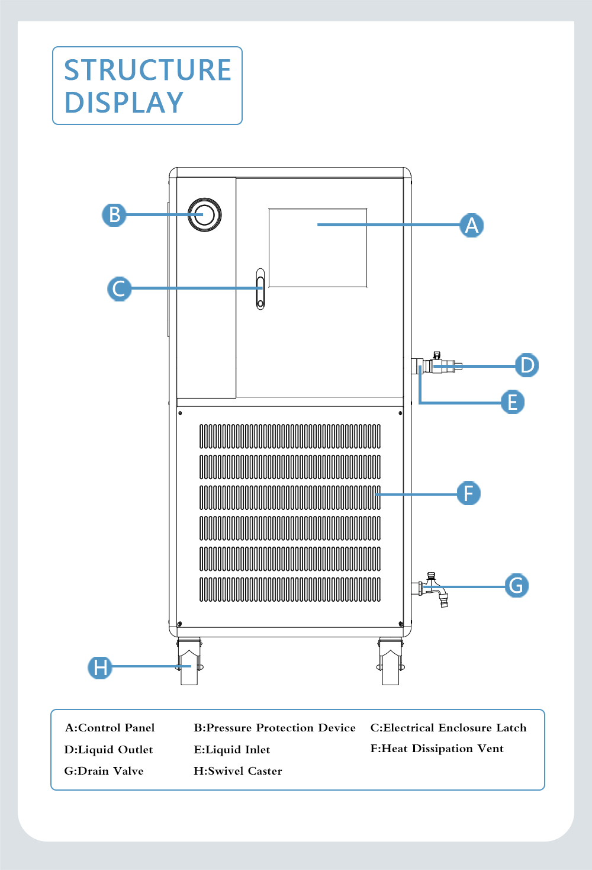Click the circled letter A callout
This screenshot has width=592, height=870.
click(471, 225)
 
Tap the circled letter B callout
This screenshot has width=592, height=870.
click(114, 214)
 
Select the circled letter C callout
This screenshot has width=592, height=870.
click(119, 288)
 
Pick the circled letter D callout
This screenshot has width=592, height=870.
click(526, 365)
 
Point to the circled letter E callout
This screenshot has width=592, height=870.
click(512, 402)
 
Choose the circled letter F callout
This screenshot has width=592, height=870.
click(468, 493)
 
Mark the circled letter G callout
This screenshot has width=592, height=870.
click(516, 586)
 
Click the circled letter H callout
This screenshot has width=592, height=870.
click(100, 667)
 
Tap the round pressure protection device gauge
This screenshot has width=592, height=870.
click(205, 214)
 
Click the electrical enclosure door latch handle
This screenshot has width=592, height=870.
click(260, 289)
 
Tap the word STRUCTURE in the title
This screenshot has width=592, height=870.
click(147, 70)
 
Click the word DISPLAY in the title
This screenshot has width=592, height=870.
click(124, 102)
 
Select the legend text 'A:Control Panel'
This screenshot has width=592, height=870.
click(110, 728)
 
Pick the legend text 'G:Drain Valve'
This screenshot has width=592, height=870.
click(104, 771)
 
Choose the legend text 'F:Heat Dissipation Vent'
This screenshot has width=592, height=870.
click(437, 749)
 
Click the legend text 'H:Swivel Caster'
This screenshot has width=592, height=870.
click(238, 771)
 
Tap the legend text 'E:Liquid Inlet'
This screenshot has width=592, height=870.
click(231, 750)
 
